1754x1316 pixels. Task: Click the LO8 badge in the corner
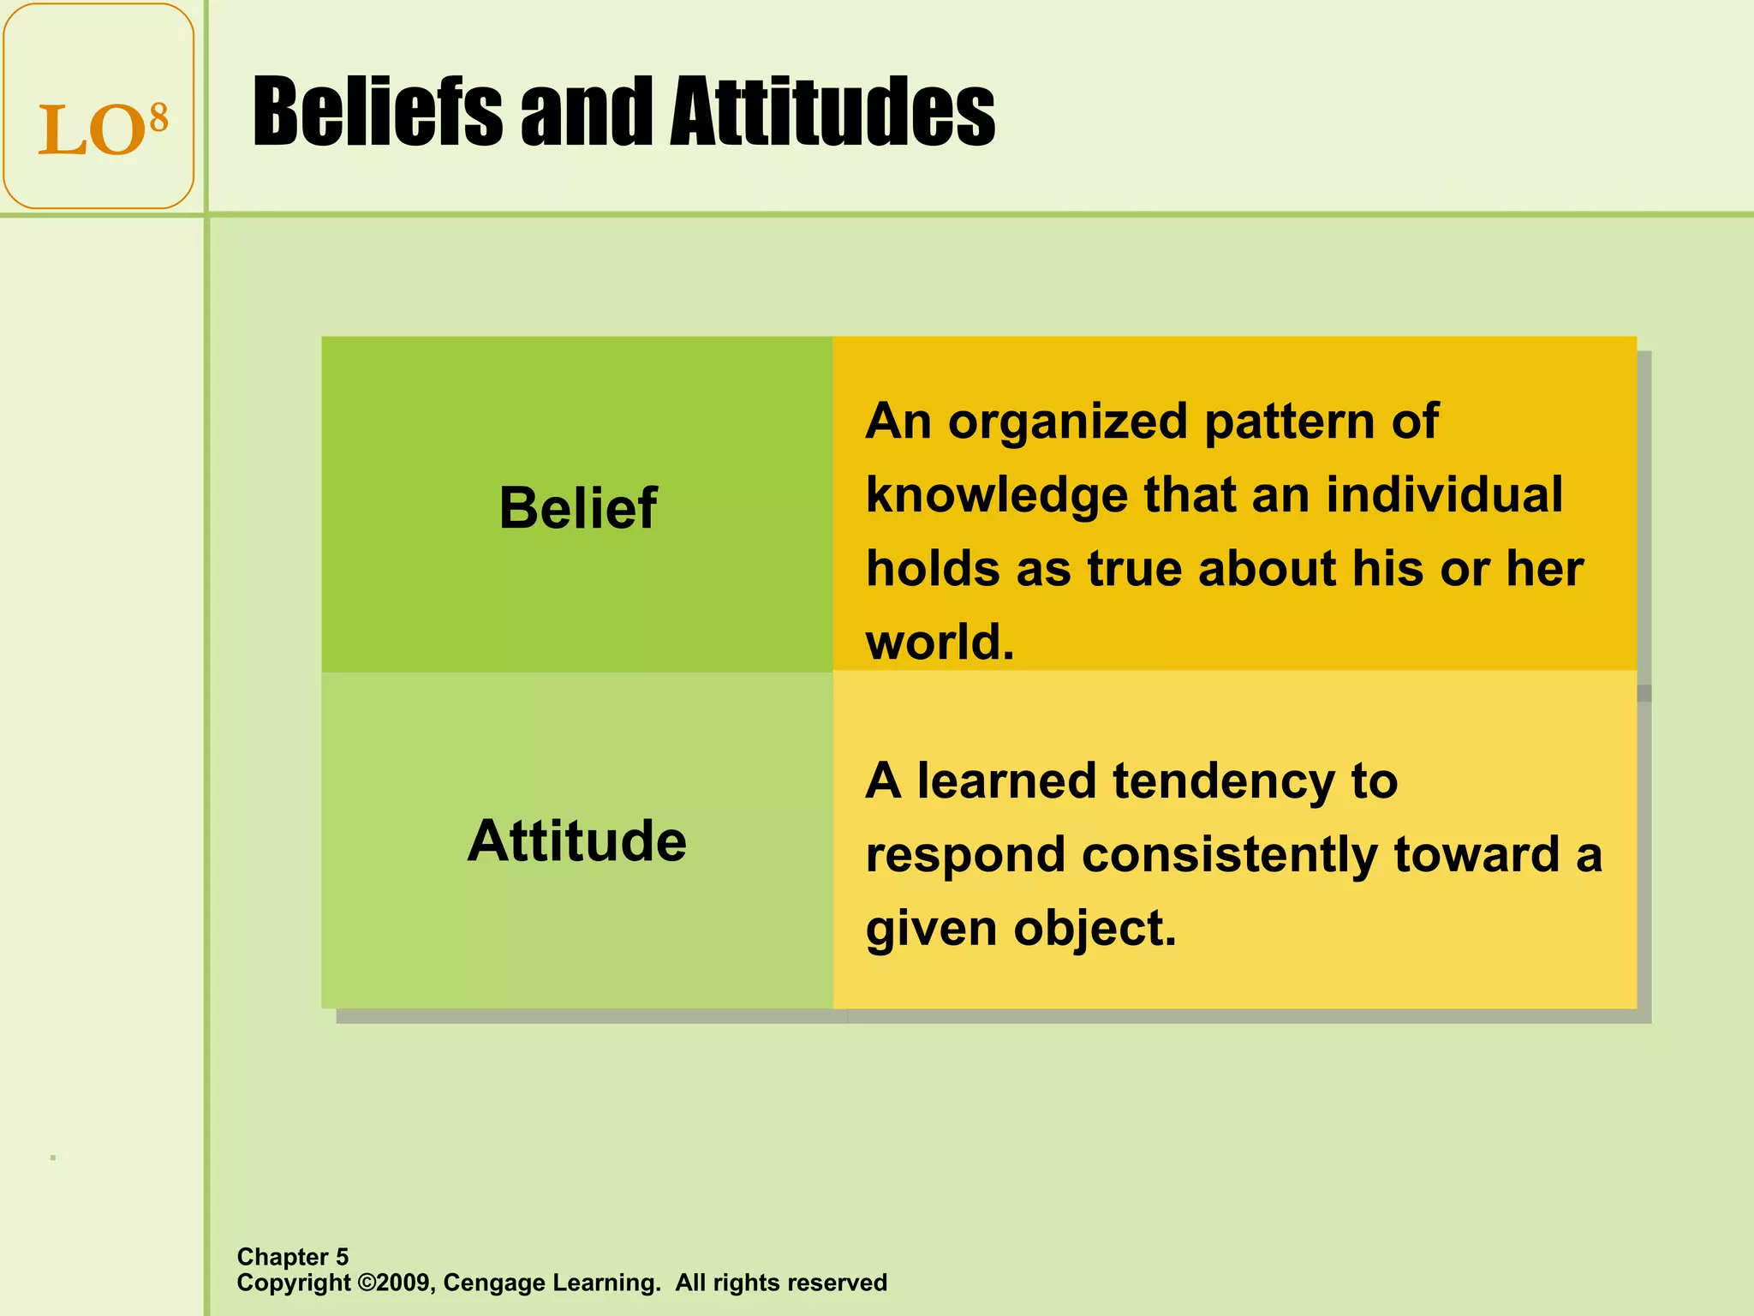pos(98,106)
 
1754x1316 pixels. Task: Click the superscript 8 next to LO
pos(158,118)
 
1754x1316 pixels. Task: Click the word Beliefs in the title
pos(377,113)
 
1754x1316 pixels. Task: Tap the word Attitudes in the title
pos(832,113)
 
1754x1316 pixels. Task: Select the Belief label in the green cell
pos(577,509)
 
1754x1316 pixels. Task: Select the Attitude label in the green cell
pos(577,840)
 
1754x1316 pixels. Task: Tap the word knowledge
pos(997,497)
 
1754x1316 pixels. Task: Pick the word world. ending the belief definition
pos(940,643)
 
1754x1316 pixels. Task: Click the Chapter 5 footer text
pos(293,1257)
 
